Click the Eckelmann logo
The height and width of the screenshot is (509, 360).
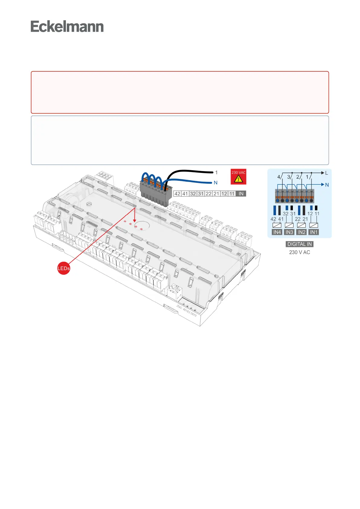67,27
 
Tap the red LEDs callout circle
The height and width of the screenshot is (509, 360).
64,268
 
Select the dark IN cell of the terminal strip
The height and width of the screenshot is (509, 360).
241,194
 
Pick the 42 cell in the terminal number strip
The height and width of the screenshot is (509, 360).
177,194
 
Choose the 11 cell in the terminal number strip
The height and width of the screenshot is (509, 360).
232,194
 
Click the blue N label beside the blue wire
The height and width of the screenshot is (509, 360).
216,183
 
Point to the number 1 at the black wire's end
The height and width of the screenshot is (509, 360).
216,173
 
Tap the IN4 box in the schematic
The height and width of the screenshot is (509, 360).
277,232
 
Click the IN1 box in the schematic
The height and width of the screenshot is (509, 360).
314,232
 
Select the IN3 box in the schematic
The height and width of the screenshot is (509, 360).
289,232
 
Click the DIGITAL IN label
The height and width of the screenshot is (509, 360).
300,244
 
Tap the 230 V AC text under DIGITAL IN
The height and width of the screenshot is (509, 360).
300,252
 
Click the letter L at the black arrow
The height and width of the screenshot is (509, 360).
326,173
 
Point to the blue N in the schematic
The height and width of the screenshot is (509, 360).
327,185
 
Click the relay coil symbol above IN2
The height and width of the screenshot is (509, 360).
301,225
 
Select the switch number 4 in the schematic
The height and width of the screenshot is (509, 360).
279,177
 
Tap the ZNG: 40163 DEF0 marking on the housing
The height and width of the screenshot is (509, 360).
186,311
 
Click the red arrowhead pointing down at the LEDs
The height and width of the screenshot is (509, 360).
134,220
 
